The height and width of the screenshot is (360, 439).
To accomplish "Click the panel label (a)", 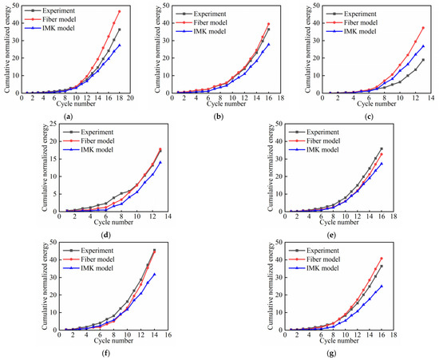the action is [x=68, y=117].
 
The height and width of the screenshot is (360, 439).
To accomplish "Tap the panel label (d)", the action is [x=106, y=235].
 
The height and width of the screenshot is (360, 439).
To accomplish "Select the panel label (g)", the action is [x=331, y=354].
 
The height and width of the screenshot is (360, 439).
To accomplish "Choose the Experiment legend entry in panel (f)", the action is [x=88, y=251].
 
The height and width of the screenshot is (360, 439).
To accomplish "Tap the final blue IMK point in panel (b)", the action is [x=269, y=44].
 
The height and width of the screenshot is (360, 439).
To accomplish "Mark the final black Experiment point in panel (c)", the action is [x=423, y=60].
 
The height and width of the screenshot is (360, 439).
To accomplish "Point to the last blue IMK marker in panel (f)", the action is [x=154, y=275].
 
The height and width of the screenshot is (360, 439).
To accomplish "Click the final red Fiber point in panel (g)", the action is [x=382, y=259].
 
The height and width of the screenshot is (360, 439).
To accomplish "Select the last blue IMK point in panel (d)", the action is [x=160, y=162].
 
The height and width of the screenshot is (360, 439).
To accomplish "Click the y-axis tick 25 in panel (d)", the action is [x=53, y=124].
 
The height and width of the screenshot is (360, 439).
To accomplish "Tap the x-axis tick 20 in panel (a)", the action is [x=130, y=98].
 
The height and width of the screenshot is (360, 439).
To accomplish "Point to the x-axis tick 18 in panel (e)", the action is [x=394, y=216].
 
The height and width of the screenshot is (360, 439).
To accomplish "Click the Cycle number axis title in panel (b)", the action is [x=227, y=104].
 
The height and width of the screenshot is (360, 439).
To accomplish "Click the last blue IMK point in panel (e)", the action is [x=382, y=164].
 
